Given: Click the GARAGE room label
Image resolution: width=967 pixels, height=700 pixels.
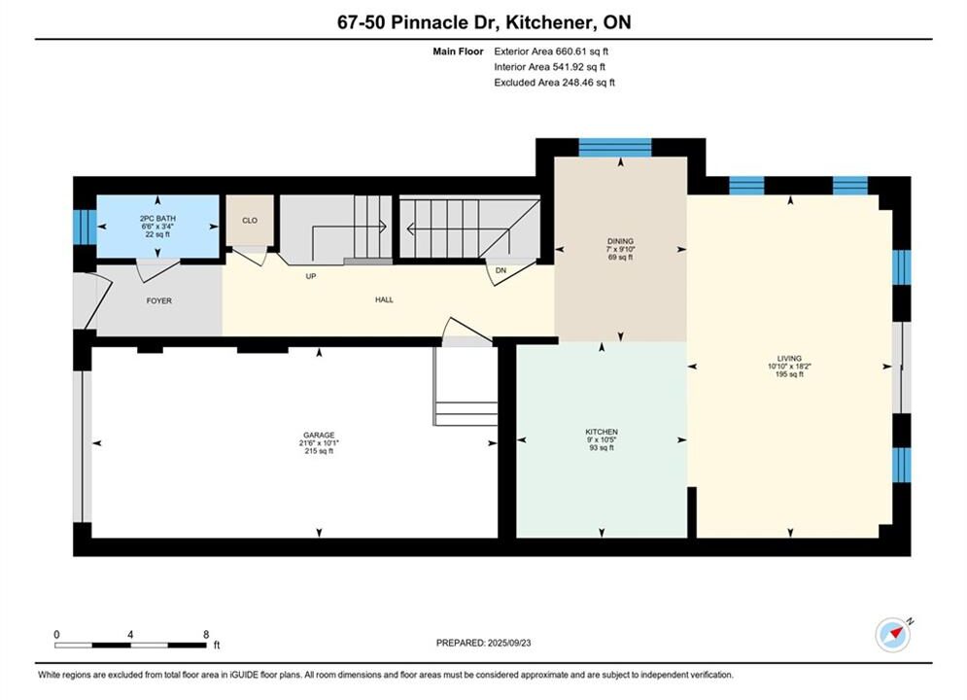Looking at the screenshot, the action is (319, 435).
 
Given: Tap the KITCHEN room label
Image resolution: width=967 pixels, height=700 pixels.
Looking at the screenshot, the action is (602, 432).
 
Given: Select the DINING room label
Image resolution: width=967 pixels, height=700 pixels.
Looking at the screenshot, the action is (620, 241).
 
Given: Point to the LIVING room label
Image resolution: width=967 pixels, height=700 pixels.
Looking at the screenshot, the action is (789, 358).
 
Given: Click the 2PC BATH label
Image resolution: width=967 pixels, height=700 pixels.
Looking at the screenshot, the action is (157, 219).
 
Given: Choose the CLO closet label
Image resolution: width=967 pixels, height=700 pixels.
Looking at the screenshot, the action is (250, 220).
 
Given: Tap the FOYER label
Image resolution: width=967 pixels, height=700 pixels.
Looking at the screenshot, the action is (159, 301).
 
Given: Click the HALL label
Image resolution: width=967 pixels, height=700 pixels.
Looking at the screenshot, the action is (384, 299).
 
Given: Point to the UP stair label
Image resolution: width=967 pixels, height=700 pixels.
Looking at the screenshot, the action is (311, 276).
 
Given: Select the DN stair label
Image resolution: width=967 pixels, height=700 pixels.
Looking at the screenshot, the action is (501, 270).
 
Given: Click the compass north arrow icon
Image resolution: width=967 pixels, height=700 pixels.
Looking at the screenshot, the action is (893, 633).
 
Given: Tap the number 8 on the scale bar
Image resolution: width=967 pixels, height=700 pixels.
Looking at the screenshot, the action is (206, 634).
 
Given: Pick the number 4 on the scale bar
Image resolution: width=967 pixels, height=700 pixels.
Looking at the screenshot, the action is (130, 634).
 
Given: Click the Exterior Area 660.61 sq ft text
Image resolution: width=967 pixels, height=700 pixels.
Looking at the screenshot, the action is (551, 52).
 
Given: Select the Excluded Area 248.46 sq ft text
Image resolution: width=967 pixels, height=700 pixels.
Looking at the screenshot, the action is (554, 82).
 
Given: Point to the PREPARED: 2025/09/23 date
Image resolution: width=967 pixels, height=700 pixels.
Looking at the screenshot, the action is (484, 643).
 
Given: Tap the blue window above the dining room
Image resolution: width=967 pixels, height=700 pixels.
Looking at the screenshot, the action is (615, 148).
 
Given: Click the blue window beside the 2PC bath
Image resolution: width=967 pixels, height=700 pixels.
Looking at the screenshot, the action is (85, 227).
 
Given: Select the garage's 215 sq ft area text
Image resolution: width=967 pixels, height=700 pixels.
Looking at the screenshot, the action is (319, 451).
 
